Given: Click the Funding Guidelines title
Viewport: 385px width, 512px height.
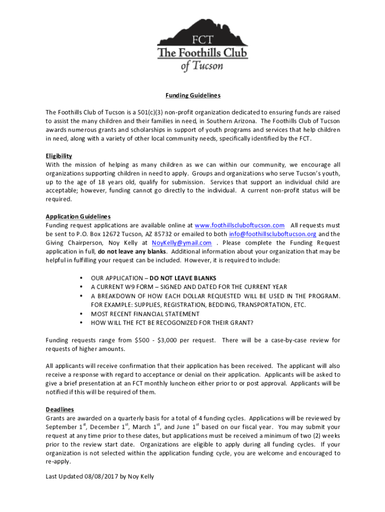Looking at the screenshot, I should coord(193,95).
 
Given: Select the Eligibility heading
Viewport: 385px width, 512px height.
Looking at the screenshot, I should coord(59,156).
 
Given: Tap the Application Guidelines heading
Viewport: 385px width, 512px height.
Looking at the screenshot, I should coord(78,216).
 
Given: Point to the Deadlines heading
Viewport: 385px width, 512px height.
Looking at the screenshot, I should coord(60,409).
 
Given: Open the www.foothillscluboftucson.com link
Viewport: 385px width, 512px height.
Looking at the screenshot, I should coord(239,225).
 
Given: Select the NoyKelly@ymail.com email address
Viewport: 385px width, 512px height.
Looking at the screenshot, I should coord(181,243).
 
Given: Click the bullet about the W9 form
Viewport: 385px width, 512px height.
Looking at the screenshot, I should coord(189,287).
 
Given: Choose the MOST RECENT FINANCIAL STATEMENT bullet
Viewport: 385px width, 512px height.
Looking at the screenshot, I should coord(145,314).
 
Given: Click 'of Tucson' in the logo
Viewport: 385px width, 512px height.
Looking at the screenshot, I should coord(202,66).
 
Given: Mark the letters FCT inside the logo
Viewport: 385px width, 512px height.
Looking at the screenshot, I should coord(202,40).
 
